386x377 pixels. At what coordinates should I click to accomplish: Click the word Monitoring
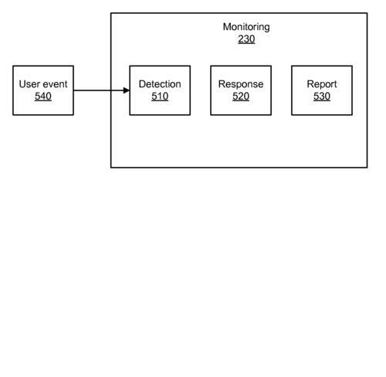click(246, 27)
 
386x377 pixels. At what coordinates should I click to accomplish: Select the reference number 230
click(246, 39)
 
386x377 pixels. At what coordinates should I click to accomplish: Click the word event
click(55, 84)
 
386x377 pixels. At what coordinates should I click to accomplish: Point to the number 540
click(43, 97)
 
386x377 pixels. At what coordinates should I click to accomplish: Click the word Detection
click(160, 84)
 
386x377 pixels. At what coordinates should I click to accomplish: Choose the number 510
click(160, 97)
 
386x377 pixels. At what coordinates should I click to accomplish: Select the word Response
click(241, 84)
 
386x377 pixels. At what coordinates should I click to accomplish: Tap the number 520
click(241, 97)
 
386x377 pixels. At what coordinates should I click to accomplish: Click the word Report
click(322, 84)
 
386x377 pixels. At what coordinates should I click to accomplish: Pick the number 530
click(322, 97)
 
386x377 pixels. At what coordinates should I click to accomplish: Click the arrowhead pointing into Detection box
click(127, 90)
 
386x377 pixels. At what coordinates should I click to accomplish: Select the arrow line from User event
click(101, 90)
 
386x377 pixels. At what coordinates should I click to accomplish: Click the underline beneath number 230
click(246, 44)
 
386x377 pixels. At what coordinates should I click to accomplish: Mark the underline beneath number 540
click(43, 101)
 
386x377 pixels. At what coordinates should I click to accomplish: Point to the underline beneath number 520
click(241, 101)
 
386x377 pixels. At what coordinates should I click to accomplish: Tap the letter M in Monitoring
click(226, 27)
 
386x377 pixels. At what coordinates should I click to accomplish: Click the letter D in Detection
click(142, 84)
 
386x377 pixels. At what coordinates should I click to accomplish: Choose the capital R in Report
click(310, 84)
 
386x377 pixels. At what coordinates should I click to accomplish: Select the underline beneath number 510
click(160, 101)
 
